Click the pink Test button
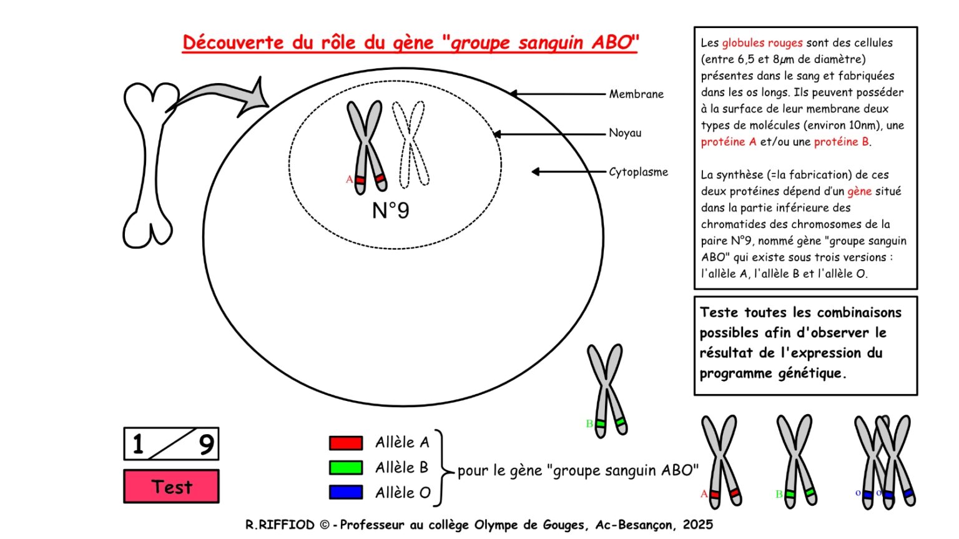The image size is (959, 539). point(171,487)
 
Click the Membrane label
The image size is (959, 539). point(636,94)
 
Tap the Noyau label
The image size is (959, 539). point(625,133)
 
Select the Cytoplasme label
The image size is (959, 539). point(638,172)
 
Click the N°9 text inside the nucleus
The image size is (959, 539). point(390,210)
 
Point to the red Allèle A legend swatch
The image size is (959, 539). point(346,443)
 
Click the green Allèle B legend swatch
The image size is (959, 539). point(346,468)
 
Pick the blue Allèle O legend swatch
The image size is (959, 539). point(346,492)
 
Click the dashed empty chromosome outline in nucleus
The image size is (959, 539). point(411,146)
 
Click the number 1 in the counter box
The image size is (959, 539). point(138,443)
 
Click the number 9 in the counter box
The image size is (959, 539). point(207,445)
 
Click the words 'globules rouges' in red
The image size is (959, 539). point(762,43)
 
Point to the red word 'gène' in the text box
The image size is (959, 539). point(859,191)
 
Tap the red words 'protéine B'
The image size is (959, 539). point(841,142)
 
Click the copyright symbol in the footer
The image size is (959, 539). point(325,525)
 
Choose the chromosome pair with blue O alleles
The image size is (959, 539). point(885,462)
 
